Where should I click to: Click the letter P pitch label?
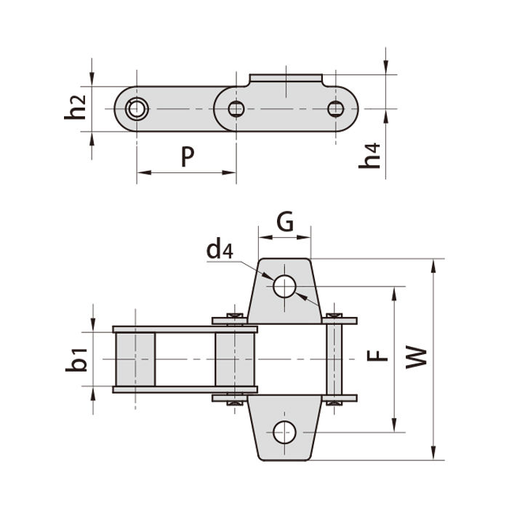click(x=188, y=156)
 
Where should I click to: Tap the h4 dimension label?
click(x=372, y=156)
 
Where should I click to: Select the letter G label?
click(x=285, y=221)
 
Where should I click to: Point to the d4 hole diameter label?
click(x=220, y=250)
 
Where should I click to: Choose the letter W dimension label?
click(x=415, y=356)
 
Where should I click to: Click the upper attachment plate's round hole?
click(x=284, y=286)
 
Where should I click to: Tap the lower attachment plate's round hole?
click(x=284, y=433)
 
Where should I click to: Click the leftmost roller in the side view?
click(x=135, y=110)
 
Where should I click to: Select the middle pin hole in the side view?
click(x=236, y=110)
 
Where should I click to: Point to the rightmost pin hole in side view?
click(x=334, y=110)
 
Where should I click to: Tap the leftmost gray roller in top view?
click(x=135, y=360)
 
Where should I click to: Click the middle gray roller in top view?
click(x=234, y=360)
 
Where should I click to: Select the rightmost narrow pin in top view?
click(x=334, y=359)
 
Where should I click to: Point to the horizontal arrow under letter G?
click(x=285, y=237)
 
